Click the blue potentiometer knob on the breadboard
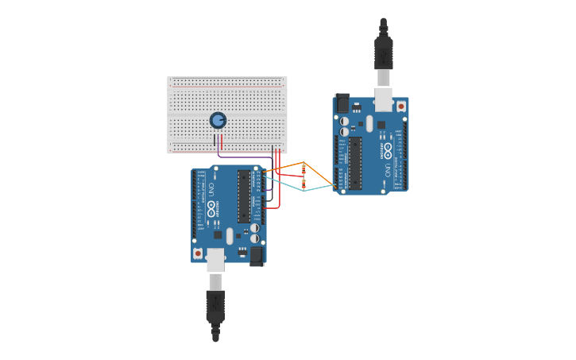click(218, 120)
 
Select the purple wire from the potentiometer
click(246, 157)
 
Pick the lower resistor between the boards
click(303, 184)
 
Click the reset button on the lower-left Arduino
click(198, 253)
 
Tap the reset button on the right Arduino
click(400, 106)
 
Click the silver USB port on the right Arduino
click(384, 99)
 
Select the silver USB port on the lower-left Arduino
click(215, 259)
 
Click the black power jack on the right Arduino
click(342, 103)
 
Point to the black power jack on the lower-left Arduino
click(257, 255)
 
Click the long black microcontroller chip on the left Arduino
click(244, 195)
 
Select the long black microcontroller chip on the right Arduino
click(355, 164)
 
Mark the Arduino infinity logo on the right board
click(388, 150)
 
